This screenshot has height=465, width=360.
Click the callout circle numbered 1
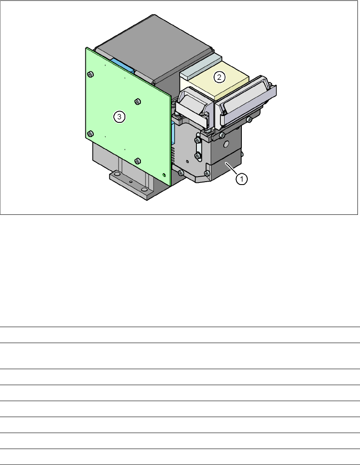pyautogui.click(x=242, y=179)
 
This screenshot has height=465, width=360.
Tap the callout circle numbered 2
pyautogui.click(x=219, y=77)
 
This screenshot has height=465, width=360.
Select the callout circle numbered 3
pyautogui.click(x=119, y=116)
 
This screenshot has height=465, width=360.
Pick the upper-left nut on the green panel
pyautogui.click(x=90, y=74)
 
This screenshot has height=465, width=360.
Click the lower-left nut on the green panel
pyautogui.click(x=90, y=134)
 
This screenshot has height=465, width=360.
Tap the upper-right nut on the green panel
pyautogui.click(x=137, y=102)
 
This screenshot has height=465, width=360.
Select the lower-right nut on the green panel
pyautogui.click(x=137, y=161)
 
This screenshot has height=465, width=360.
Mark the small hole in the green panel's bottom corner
pyautogui.click(x=164, y=175)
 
